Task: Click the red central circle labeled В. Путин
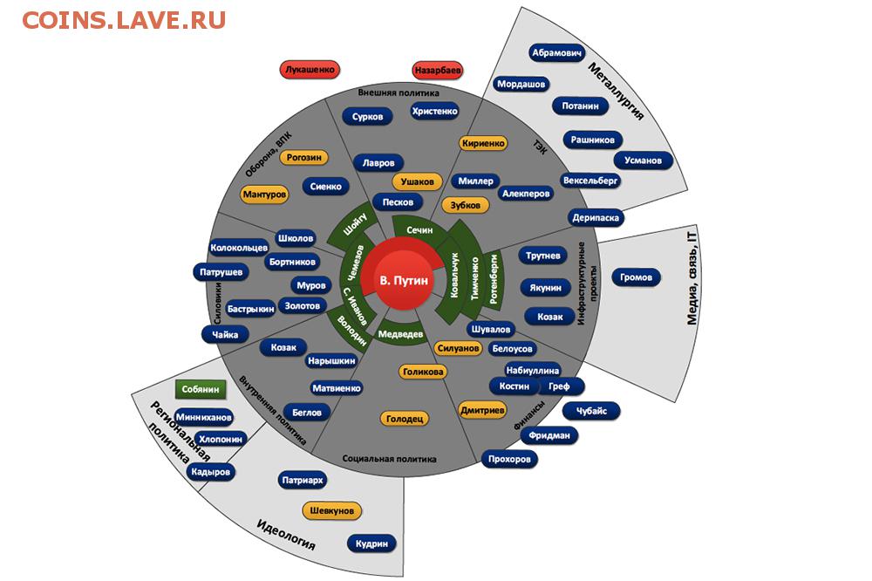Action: (404, 280)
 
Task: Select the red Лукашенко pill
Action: (310, 70)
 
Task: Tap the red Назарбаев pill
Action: (438, 71)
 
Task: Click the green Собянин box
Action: (201, 390)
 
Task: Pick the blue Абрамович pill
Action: (556, 53)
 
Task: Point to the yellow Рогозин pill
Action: (303, 158)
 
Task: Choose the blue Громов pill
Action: (636, 277)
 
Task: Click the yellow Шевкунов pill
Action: (332, 510)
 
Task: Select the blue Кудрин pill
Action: (371, 543)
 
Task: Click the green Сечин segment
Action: (420, 229)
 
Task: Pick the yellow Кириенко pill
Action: (483, 143)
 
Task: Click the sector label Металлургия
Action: (616, 92)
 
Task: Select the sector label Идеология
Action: (286, 534)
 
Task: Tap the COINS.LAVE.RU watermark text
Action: (124, 21)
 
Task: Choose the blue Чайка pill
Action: (225, 335)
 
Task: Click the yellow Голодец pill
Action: (405, 419)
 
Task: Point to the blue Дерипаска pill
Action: (596, 217)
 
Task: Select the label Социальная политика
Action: (389, 459)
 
